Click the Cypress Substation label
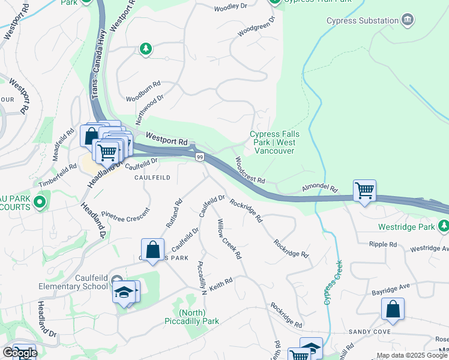point(362,21)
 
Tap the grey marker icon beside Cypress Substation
point(408,21)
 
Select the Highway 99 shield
point(199,157)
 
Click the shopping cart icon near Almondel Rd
point(364,191)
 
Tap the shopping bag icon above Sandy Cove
point(393,310)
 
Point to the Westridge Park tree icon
point(443,227)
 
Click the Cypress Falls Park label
point(272,142)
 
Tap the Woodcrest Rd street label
point(249,171)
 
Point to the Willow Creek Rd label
point(229,239)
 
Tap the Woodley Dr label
point(231,8)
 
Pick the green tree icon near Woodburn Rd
point(145,49)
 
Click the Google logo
point(20,353)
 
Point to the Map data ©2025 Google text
point(412,355)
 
